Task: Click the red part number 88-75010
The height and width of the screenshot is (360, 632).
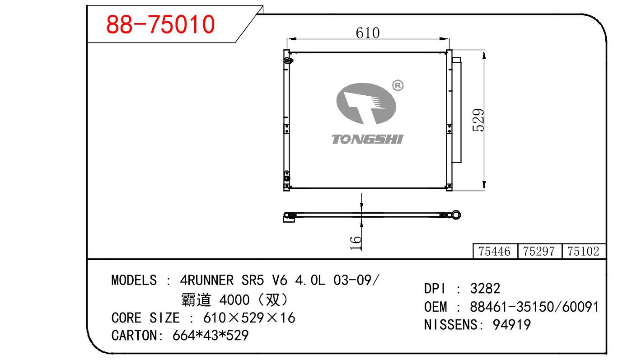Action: tap(160, 24)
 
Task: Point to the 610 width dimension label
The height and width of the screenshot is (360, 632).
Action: tap(368, 33)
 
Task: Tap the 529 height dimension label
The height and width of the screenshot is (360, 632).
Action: tap(478, 120)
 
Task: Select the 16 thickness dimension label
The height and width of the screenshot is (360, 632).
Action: tap(356, 243)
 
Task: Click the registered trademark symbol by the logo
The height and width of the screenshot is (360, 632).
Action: tap(398, 85)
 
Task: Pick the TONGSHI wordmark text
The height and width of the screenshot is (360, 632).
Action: tap(367, 140)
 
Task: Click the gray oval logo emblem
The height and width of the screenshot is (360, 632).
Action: tap(366, 103)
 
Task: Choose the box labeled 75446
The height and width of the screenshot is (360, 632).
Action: tap(495, 251)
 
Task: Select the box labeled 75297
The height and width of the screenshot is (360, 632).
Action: tap(539, 251)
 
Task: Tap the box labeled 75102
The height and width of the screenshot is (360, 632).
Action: tap(584, 251)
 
